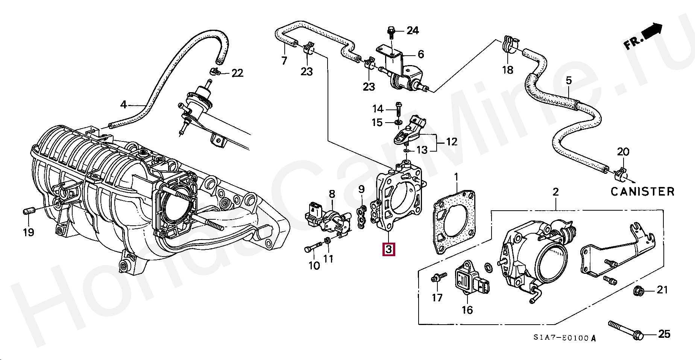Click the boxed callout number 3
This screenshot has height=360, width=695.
pos(388,249)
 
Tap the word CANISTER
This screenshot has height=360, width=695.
pos(642,192)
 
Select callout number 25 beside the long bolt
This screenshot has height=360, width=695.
pos(664,334)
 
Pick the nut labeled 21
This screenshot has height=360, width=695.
pos(637,290)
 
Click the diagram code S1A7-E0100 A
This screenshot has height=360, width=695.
pos(564,338)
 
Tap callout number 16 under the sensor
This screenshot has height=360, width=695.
pos(467,310)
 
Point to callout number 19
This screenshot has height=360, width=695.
pos(29,232)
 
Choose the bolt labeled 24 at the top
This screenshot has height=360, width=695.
pos(391,33)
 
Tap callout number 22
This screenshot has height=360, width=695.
pos(237,73)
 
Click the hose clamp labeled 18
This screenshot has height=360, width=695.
pos(508,44)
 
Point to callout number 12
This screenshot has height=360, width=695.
pos(452,142)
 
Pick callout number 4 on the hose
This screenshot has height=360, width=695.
pos(123,105)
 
